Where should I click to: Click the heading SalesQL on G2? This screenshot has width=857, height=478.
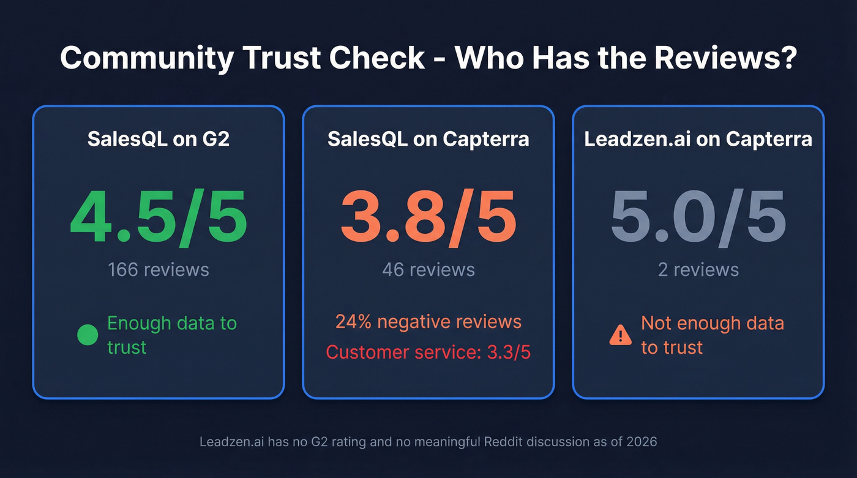[x=158, y=139]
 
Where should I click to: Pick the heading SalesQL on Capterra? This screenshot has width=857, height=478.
[x=428, y=139]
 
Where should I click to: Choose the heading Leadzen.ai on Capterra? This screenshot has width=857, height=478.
[x=698, y=139]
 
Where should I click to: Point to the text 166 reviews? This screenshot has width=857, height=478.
[x=158, y=269]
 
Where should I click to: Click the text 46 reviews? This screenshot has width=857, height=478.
[x=428, y=269]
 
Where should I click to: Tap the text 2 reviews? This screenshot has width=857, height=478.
[x=698, y=269]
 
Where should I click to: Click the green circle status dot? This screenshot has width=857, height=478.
[x=88, y=335]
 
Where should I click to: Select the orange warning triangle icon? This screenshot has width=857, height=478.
[x=620, y=335]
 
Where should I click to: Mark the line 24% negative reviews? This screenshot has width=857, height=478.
[x=428, y=322]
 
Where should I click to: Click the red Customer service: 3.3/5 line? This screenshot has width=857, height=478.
[x=428, y=352]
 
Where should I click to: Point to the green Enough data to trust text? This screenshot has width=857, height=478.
[x=171, y=335]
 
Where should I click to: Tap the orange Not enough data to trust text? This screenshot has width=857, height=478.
[x=712, y=335]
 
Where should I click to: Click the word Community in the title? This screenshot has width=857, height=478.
[x=147, y=58]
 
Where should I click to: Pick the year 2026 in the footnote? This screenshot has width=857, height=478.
[x=641, y=441]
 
